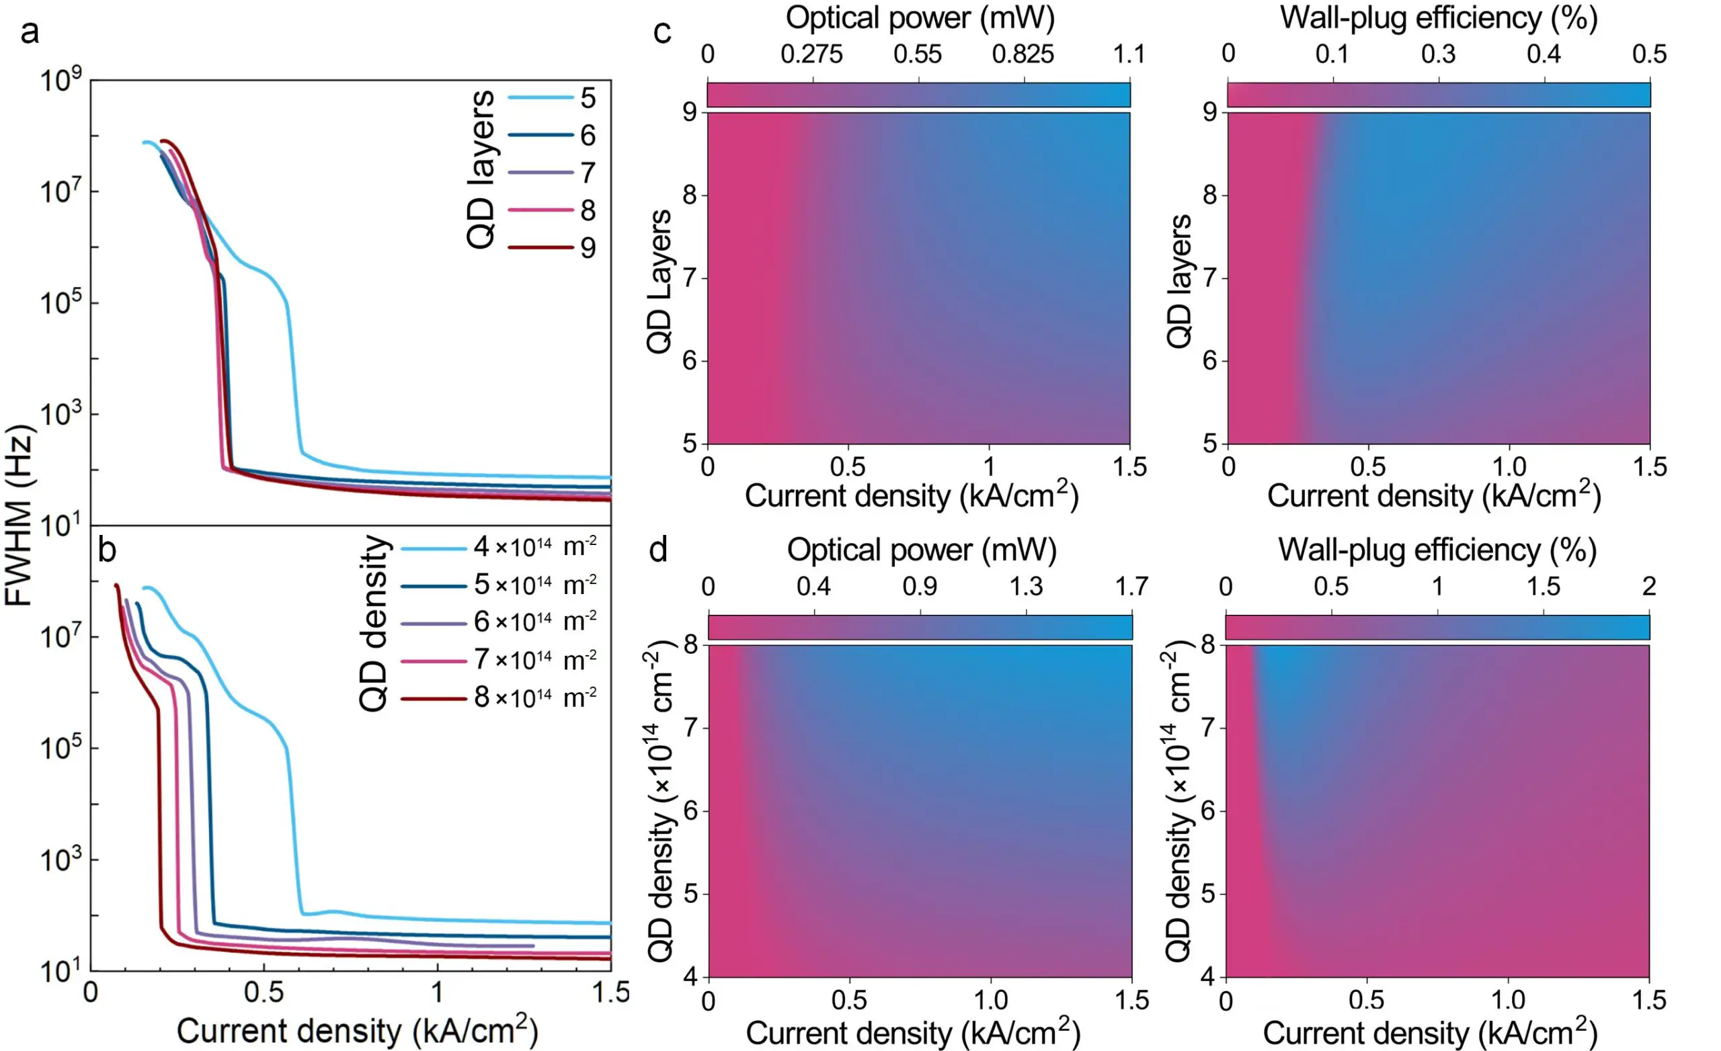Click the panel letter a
point(30,32)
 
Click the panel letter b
point(107,550)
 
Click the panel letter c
point(662,32)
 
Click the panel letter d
point(659,550)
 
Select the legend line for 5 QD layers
point(540,97)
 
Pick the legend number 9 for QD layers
point(588,247)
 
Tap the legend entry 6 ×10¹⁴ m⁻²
point(534,622)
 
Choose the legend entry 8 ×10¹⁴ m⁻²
point(534,697)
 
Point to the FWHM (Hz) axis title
point(19,515)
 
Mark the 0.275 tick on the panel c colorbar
point(811,54)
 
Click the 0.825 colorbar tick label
point(1023,54)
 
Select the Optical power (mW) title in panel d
point(921,550)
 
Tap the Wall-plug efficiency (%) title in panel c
point(1438,17)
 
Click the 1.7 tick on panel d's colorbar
point(1131,586)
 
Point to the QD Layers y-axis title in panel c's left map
point(659,282)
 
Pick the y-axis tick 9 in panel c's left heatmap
point(690,112)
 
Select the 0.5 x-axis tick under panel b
point(264,992)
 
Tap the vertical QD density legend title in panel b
point(374,623)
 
